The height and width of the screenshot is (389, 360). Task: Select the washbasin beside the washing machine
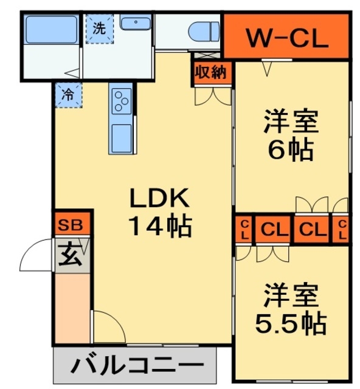click(136, 24)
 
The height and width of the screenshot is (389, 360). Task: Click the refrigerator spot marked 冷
click(66, 94)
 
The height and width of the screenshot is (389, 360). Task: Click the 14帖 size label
click(160, 227)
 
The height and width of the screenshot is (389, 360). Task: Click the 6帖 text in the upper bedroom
click(290, 150)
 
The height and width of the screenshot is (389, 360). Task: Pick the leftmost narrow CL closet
click(244, 230)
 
